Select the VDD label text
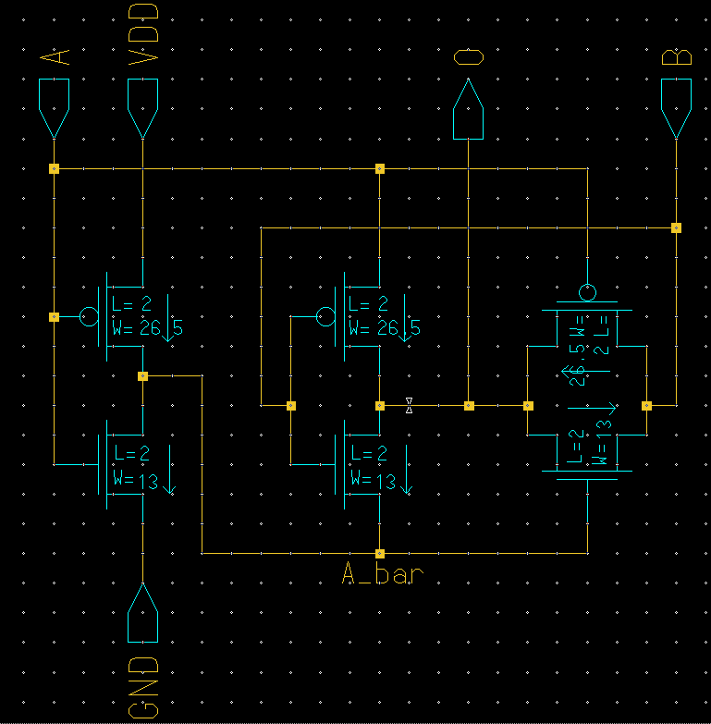pos(142,36)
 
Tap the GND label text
pos(142,688)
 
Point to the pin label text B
pos(677,57)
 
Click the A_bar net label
pos(383,574)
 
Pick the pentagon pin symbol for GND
pos(142,614)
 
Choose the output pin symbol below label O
pos(469,110)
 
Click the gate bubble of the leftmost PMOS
pos(89,317)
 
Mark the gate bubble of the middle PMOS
pos(325,317)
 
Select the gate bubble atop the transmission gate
pos(587,293)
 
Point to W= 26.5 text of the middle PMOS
pos(384,328)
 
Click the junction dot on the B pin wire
pos(676,227)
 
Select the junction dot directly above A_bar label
pos(380,553)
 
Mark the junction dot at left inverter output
pos(142,376)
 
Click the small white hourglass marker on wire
pos(409,405)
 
